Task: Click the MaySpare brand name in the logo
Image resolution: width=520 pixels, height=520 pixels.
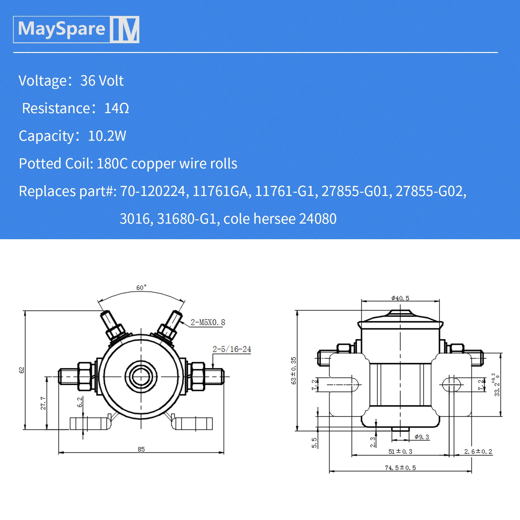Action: tap(61, 29)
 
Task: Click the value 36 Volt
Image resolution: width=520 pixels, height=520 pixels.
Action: tap(102, 81)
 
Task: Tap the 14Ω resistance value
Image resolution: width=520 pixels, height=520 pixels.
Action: tap(116, 108)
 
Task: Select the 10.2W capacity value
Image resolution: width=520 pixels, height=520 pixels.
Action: tap(107, 136)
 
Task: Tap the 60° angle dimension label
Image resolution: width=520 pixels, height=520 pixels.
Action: tap(141, 288)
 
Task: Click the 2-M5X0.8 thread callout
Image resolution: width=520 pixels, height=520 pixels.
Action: tap(208, 322)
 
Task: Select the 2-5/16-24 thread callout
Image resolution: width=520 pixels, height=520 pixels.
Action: tap(232, 349)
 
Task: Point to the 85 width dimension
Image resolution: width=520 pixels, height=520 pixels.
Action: tap(141, 449)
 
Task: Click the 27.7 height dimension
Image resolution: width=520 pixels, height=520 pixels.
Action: tap(43, 403)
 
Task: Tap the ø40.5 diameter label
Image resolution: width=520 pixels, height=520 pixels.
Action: tap(400, 298)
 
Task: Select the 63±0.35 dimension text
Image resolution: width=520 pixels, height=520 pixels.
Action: tap(293, 370)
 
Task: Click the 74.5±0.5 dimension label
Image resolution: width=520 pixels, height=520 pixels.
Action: tap(400, 468)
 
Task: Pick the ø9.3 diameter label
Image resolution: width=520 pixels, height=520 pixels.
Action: tap(422, 437)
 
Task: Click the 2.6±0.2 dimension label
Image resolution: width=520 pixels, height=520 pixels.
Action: tap(478, 451)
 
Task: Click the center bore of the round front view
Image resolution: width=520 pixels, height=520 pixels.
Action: tap(141, 377)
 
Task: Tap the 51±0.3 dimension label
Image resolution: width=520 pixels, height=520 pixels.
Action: tap(400, 451)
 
